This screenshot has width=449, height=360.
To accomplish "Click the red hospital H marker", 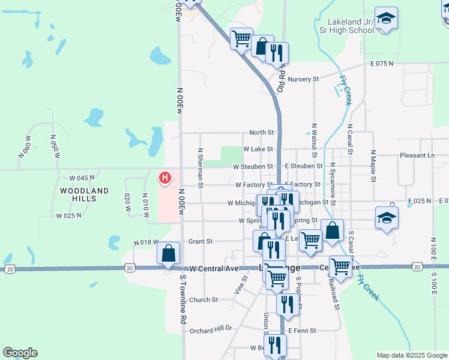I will (163, 178).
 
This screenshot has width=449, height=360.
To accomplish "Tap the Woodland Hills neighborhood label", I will (85, 194).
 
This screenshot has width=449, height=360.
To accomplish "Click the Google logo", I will (20, 353).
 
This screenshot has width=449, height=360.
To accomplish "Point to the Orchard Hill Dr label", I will (210, 330).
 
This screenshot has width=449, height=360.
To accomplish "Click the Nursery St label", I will (303, 79).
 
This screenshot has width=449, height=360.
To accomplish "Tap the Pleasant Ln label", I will (417, 155).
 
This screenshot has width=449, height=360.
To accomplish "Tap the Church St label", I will (203, 300).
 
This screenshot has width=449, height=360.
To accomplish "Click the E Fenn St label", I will (301, 331).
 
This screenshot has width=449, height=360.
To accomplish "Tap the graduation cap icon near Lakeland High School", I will (387, 18).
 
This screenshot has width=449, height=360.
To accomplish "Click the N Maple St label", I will (373, 166).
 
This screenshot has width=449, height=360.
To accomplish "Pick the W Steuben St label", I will (253, 166).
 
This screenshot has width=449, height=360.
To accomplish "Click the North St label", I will (261, 133).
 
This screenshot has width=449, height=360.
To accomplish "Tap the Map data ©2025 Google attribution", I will (411, 355).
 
